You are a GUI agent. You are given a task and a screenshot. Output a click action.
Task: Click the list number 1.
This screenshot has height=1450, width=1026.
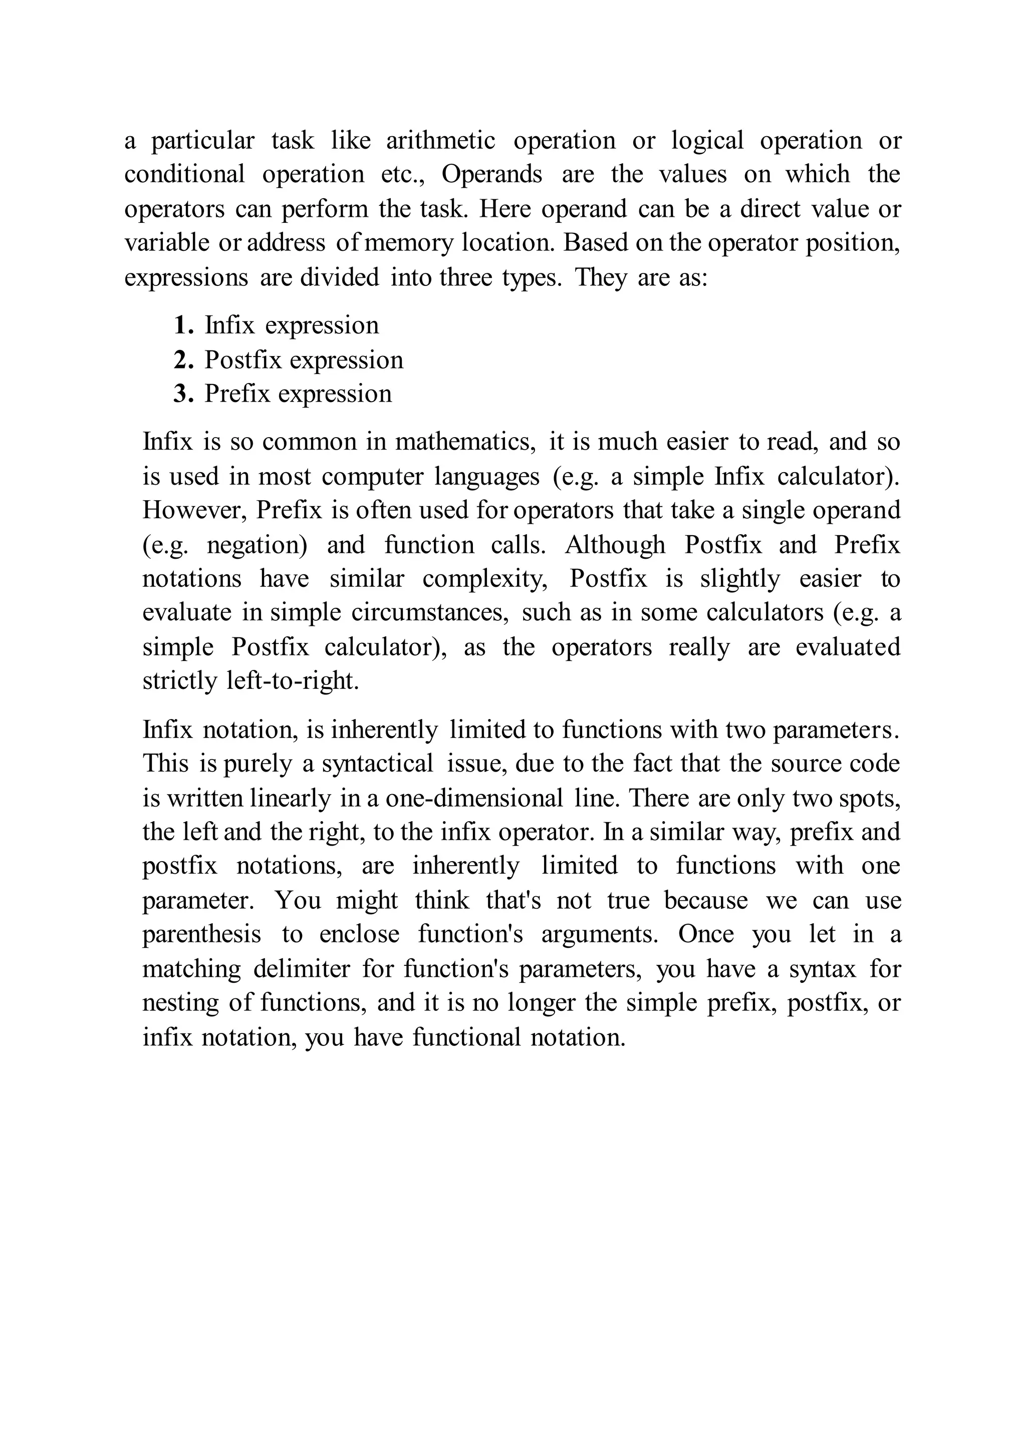[x=182, y=326]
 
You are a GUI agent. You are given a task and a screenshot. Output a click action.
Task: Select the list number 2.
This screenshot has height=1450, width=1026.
[x=182, y=360]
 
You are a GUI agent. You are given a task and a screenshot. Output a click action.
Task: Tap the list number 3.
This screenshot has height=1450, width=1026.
[x=182, y=394]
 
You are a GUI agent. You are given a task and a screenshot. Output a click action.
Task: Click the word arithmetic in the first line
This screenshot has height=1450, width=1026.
[x=440, y=140]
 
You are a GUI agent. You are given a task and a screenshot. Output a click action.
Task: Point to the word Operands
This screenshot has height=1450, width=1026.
[x=491, y=174]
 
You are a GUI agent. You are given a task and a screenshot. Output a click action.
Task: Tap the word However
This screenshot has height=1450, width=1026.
[x=194, y=510]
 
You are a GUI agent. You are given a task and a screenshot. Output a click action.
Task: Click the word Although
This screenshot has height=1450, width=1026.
[x=615, y=544]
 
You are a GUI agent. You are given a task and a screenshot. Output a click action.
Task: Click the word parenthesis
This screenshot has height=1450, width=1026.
[x=201, y=935]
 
